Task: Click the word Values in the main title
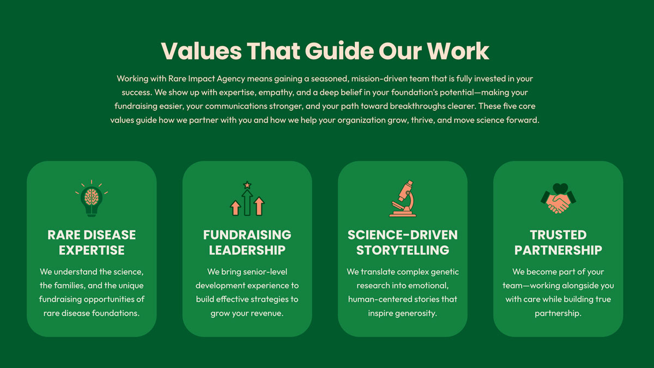coord(202,51)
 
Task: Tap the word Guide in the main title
coord(339,51)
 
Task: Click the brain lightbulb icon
coord(92,198)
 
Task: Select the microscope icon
coord(403,198)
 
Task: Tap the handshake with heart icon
coord(558,198)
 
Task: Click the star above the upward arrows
coord(247,185)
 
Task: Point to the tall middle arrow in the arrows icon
coord(247,203)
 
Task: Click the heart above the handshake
coord(560,188)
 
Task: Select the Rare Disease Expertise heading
coord(92,243)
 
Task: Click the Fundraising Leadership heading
coord(247,243)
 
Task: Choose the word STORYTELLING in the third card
coord(403,250)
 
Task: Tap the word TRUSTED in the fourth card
coord(558,235)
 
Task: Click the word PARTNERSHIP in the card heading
coord(558,250)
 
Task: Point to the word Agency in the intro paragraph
coord(231,79)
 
